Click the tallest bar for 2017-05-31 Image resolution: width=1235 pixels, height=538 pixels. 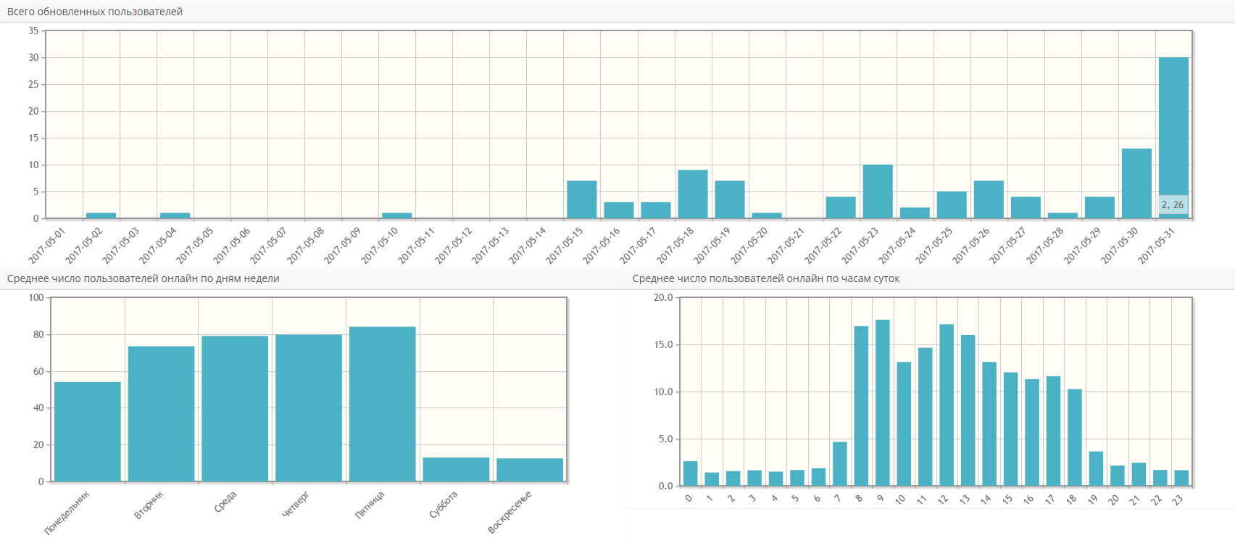click(x=1173, y=131)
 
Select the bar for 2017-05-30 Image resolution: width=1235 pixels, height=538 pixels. click(x=1136, y=183)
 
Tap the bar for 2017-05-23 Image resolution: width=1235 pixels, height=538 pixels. click(x=878, y=191)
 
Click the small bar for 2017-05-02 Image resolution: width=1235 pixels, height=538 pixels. click(x=101, y=215)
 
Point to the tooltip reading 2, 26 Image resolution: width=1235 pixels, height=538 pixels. click(x=1173, y=205)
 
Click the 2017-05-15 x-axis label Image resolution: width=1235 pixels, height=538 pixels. click(x=565, y=245)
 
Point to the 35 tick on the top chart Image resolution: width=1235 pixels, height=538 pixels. click(x=33, y=31)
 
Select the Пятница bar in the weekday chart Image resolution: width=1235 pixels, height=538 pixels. click(x=383, y=404)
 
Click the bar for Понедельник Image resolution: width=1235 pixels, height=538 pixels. click(x=88, y=431)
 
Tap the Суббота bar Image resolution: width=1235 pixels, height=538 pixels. click(x=456, y=469)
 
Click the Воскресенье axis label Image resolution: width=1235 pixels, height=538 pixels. click(x=510, y=512)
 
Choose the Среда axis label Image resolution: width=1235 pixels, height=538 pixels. click(x=225, y=502)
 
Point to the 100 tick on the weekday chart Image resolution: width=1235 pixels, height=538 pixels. click(x=36, y=298)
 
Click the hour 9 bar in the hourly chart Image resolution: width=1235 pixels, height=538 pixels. click(x=883, y=402)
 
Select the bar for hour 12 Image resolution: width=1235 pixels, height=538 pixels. click(x=947, y=405)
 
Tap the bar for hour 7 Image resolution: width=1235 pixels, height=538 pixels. click(x=840, y=464)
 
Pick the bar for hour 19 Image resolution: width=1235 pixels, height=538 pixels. click(x=1096, y=468)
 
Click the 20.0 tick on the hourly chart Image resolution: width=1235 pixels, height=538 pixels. click(x=663, y=298)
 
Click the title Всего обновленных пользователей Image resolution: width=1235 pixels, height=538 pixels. click(x=95, y=12)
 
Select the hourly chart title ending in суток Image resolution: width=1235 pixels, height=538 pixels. click(x=766, y=279)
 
